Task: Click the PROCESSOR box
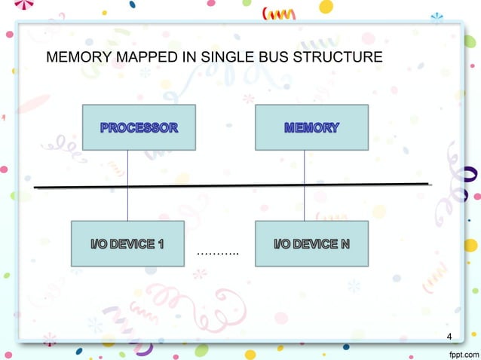pos(139,127)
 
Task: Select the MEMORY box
pos(311,127)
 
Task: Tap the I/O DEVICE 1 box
pos(127,243)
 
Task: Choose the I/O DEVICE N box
pos(311,243)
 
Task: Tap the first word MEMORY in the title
pos(74,58)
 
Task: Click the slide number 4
pos(450,336)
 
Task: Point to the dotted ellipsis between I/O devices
pos(217,252)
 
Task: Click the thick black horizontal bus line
pos(226,185)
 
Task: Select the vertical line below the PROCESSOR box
pos(127,167)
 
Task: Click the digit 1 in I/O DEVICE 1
pos(161,244)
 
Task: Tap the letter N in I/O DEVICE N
pos(345,244)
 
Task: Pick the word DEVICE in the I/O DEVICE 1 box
pos(133,244)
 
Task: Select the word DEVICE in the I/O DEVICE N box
pos(314,244)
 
